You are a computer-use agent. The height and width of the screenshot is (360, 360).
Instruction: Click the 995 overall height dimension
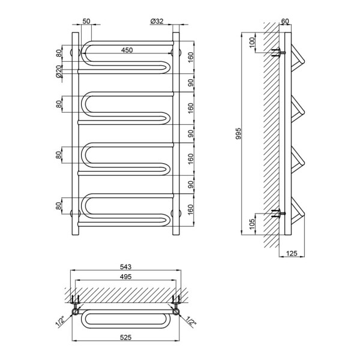[238, 134]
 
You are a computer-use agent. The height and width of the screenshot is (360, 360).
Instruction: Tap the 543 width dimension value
[125, 267]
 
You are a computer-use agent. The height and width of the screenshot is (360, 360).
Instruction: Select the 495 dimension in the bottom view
[126, 277]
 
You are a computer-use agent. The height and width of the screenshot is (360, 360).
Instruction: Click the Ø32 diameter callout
[157, 21]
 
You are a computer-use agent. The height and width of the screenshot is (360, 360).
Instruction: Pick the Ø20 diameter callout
[59, 71]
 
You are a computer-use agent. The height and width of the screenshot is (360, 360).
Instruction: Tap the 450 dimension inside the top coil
[127, 50]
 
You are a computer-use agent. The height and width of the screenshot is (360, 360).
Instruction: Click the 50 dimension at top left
[86, 21]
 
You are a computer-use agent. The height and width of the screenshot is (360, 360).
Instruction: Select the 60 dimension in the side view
[285, 21]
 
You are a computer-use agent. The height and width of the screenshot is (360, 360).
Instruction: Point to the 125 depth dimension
[292, 253]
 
